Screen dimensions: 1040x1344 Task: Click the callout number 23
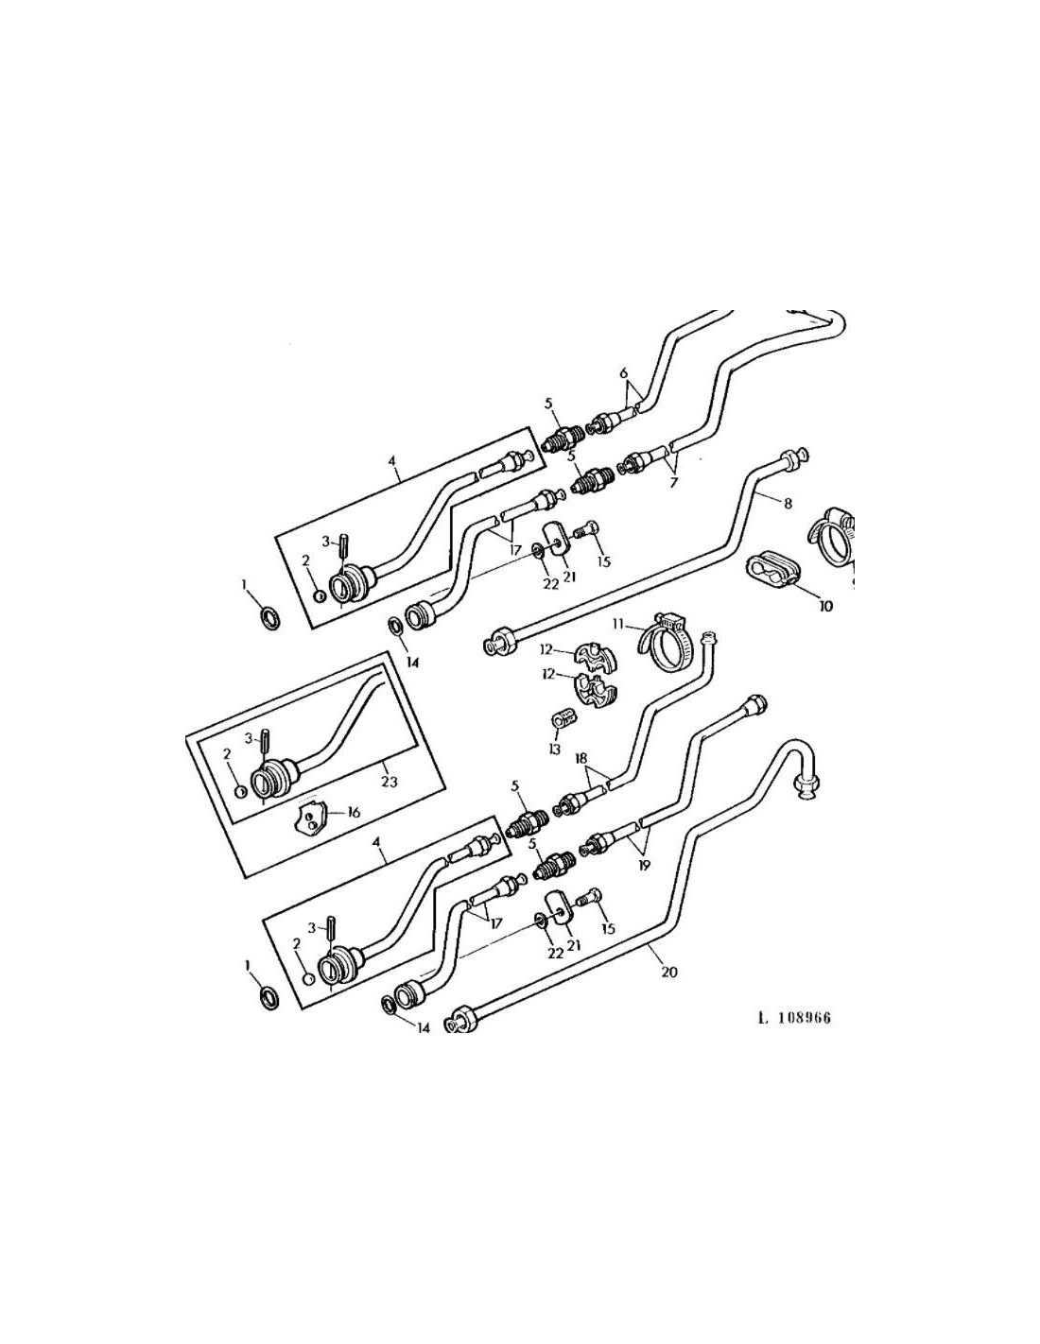click(x=389, y=782)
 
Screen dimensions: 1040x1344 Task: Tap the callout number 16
click(x=354, y=812)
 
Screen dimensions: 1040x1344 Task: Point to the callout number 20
click(x=668, y=972)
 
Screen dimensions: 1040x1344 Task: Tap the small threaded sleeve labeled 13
click(x=563, y=720)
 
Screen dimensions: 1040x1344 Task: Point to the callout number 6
click(x=624, y=373)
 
